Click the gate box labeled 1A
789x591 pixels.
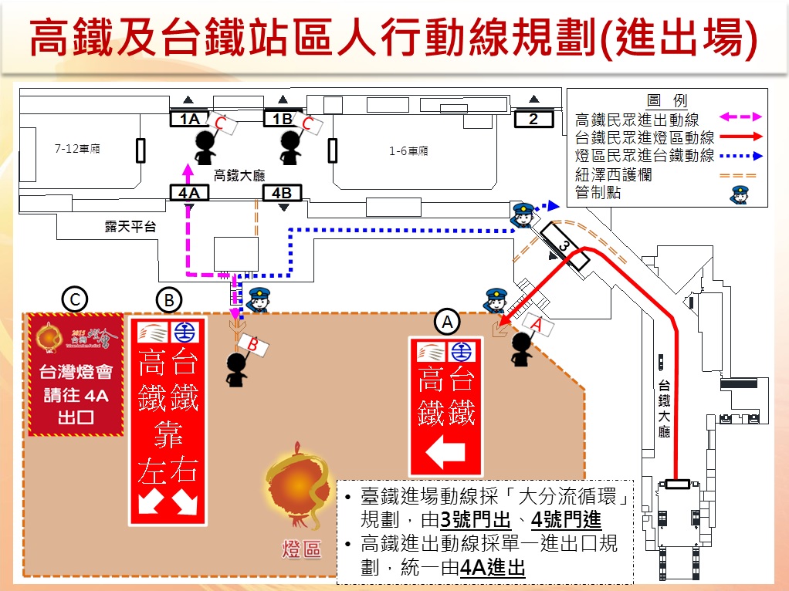click(189, 119)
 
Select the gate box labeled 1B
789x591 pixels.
click(283, 119)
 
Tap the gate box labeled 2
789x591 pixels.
click(533, 119)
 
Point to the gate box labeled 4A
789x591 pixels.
click(189, 193)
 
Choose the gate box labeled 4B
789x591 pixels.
click(283, 193)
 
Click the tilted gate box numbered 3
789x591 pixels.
click(564, 246)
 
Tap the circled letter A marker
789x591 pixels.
click(447, 320)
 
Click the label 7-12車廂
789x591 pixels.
click(77, 149)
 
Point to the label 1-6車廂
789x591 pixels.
click(408, 151)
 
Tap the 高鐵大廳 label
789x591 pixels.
click(239, 175)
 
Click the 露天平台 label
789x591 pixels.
click(130, 227)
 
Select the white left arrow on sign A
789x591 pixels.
click(446, 454)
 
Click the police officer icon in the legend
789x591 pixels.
click(739, 194)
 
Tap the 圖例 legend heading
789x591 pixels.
click(667, 100)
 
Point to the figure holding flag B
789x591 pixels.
click(236, 370)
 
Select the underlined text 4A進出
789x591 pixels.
click(492, 569)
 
